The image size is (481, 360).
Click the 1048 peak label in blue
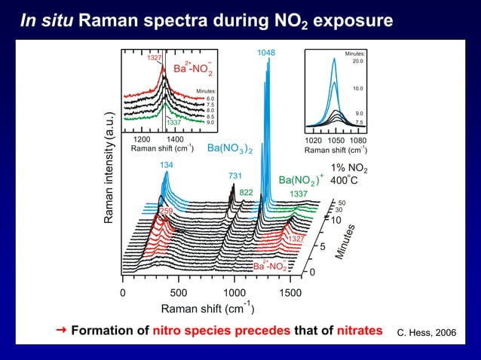[265, 53]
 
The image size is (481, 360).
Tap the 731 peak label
[234, 175]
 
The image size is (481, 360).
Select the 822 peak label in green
[247, 193]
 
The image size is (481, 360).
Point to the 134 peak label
[166, 165]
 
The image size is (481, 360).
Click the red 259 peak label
[166, 211]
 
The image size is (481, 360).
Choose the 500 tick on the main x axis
[179, 292]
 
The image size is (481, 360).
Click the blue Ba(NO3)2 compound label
[229, 148]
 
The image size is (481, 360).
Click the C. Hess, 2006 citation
[427, 332]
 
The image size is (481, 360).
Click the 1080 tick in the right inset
[358, 140]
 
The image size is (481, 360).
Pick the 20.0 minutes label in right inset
[358, 62]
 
